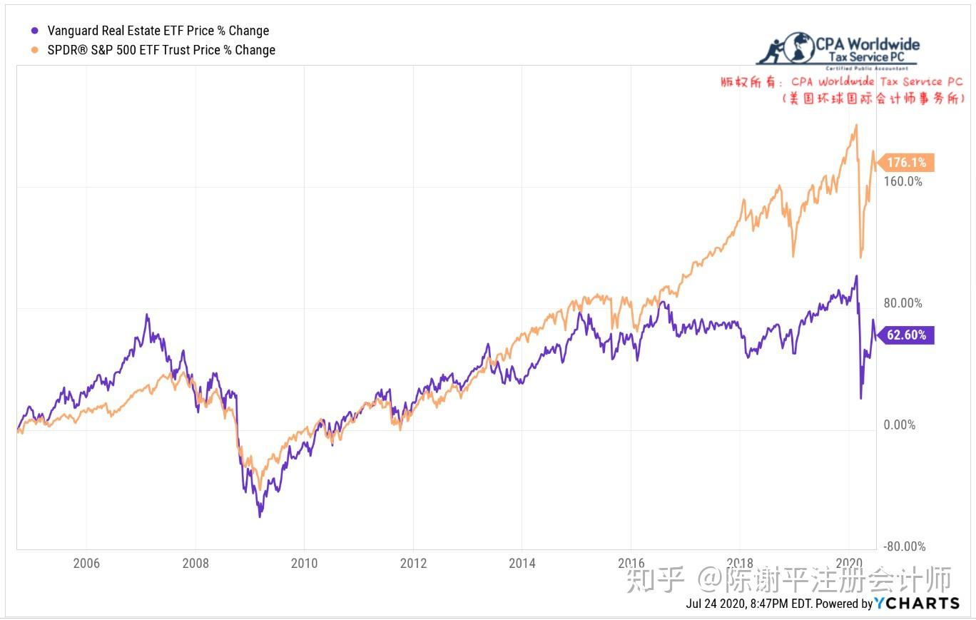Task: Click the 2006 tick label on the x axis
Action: pyautogui.click(x=86, y=563)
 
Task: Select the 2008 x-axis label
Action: pyautogui.click(x=195, y=563)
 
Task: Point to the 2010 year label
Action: pyautogui.click(x=304, y=563)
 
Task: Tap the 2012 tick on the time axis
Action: pyautogui.click(x=413, y=563)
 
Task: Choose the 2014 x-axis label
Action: pyautogui.click(x=522, y=563)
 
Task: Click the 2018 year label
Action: pyautogui.click(x=741, y=563)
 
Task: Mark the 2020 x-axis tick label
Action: pyautogui.click(x=849, y=563)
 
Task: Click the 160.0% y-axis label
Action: pyautogui.click(x=903, y=181)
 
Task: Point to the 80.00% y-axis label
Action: pyautogui.click(x=903, y=303)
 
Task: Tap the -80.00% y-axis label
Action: pyautogui.click(x=905, y=547)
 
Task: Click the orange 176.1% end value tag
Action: pyautogui.click(x=906, y=163)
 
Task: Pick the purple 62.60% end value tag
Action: pyautogui.click(x=906, y=335)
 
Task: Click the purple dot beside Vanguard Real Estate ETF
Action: pyautogui.click(x=34, y=31)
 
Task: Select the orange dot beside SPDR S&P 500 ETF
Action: pyautogui.click(x=34, y=50)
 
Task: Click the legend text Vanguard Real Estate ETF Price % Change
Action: pyautogui.click(x=158, y=31)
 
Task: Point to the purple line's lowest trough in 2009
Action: pyautogui.click(x=260, y=516)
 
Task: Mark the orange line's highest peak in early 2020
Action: pyautogui.click(x=855, y=126)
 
